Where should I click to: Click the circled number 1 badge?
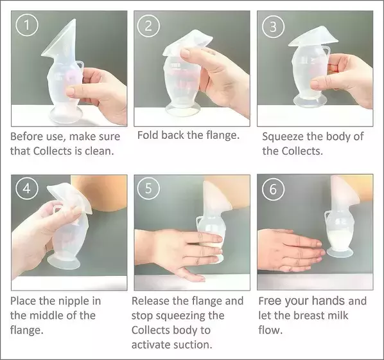27,25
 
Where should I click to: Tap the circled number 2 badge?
148,26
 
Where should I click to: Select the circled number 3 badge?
273,27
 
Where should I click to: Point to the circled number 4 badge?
27,188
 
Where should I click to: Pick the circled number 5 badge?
148,188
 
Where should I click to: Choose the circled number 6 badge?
273,189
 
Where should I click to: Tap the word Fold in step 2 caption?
148,135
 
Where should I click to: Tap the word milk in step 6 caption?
339,316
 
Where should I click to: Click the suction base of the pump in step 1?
65,115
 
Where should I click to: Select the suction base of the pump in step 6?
340,253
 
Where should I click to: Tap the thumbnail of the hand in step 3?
315,85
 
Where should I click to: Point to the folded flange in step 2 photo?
188,42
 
